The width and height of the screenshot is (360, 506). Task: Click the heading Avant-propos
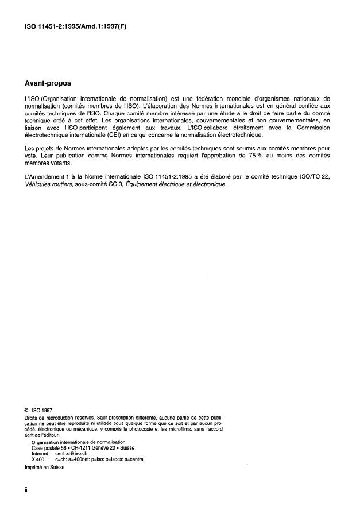(47, 83)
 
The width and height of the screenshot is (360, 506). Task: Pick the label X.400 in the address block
(38, 459)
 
